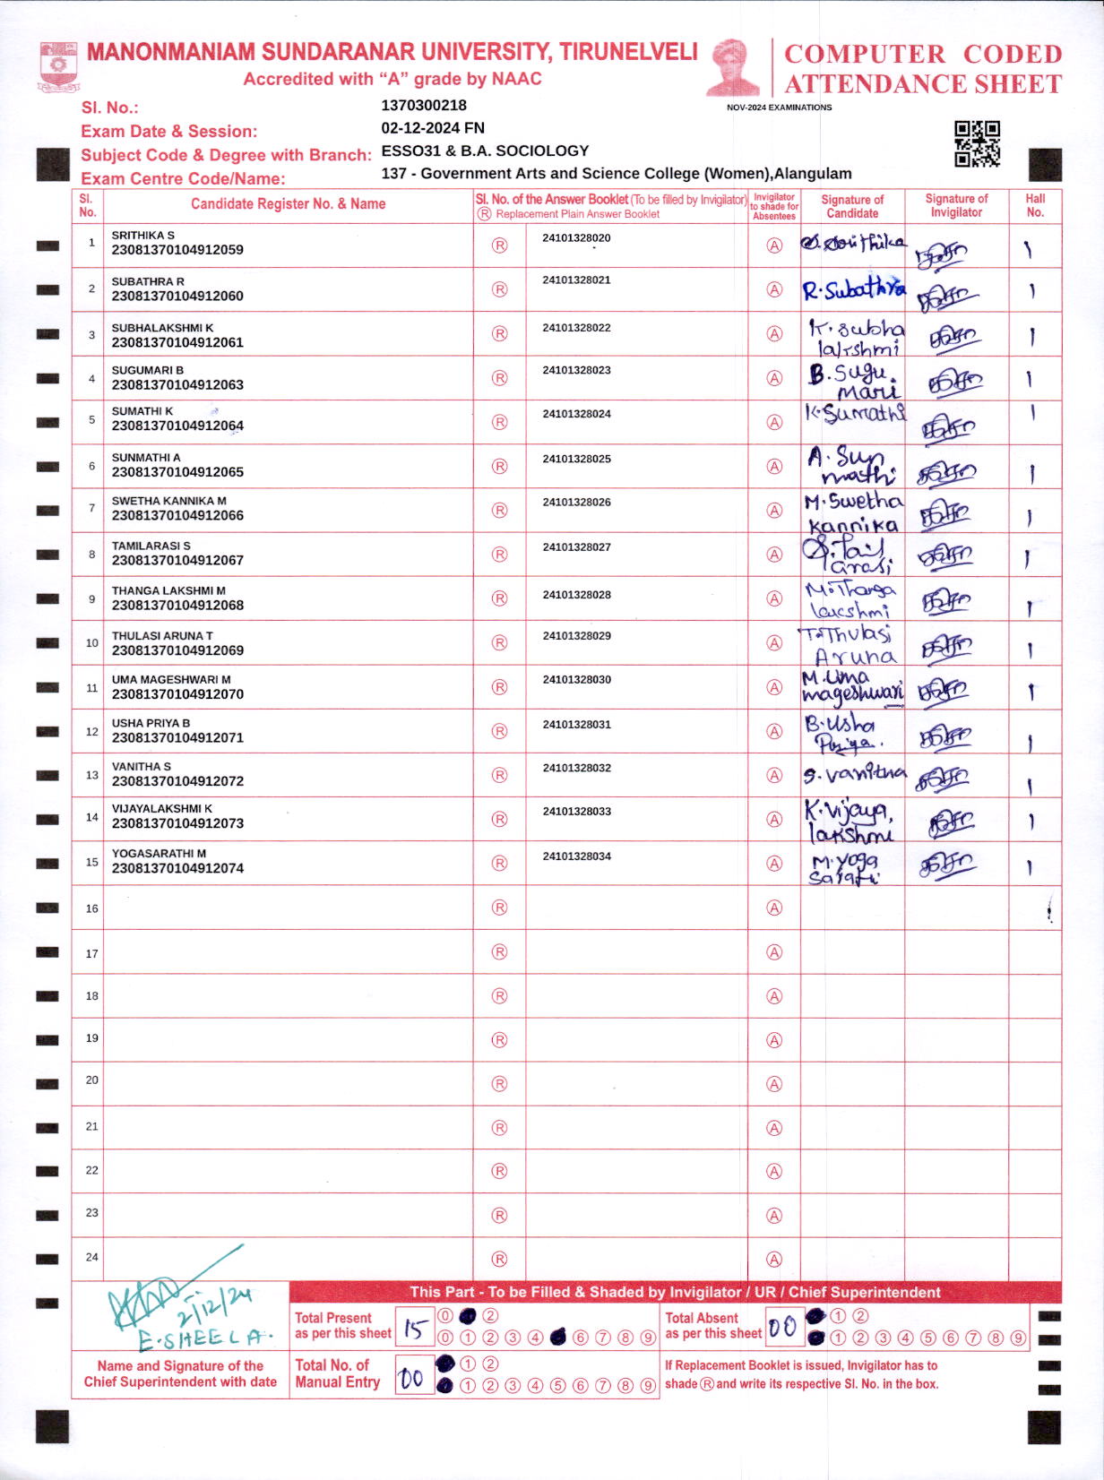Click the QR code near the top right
[977, 143]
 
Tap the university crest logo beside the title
[59, 67]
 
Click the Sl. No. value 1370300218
[424, 106]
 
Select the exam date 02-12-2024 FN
[433, 128]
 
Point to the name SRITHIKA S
[143, 236]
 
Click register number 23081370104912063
[177, 385]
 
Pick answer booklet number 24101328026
[576, 503]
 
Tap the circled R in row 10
[500, 643]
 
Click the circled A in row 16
[774, 908]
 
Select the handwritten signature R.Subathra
[852, 289]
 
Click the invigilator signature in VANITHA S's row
[943, 778]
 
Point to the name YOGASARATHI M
[159, 854]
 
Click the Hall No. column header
[1035, 205]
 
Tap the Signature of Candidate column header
[852, 206]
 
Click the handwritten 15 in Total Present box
[414, 1329]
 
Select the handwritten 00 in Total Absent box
[782, 1327]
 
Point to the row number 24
[91, 1257]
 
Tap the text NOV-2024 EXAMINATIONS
[779, 108]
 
